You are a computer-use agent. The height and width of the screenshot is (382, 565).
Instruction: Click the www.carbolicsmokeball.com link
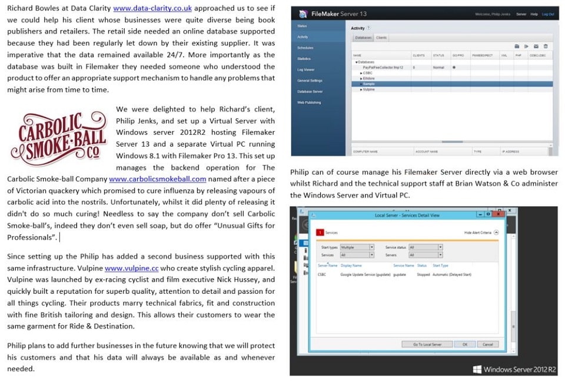tap(157, 179)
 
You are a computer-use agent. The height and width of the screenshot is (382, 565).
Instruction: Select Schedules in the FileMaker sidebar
tap(305, 48)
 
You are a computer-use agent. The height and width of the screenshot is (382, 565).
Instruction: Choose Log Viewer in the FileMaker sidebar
tap(306, 69)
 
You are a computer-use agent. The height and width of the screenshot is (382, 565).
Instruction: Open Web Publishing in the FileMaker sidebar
tap(309, 102)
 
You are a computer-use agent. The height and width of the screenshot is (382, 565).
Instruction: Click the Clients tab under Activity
tap(381, 38)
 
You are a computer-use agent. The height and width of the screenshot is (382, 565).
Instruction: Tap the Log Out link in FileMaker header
tap(547, 14)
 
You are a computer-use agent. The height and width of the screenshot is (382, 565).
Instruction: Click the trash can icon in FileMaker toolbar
tap(546, 46)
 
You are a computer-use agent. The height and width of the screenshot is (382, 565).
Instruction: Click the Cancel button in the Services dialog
tap(487, 344)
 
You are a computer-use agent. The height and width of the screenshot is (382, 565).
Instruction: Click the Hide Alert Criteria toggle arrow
tap(496, 232)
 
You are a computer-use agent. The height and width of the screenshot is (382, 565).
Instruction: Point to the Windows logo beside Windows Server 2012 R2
tap(477, 369)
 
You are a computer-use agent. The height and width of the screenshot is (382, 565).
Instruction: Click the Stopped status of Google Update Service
tap(423, 275)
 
